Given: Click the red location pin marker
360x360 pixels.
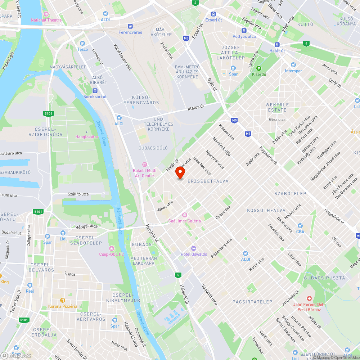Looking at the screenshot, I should [x=180, y=173].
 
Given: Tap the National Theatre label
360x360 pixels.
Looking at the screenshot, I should [x=46, y=20].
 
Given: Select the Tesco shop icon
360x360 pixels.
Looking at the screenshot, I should [x=82, y=43].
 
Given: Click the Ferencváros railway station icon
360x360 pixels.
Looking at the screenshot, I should [x=130, y=26].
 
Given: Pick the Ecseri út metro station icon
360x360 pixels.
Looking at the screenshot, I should [x=213, y=14].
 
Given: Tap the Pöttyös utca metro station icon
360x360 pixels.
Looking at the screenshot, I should [x=244, y=31].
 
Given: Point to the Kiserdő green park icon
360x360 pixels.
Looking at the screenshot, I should [x=258, y=68].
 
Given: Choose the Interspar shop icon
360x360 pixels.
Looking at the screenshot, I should [x=293, y=65].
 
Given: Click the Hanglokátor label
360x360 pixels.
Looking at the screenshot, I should [x=86, y=137].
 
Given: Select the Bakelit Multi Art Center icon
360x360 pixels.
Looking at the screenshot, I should [x=145, y=165].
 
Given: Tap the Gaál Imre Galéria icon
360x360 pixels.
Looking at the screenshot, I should [x=184, y=215].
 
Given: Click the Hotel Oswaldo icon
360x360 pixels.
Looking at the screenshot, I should [x=194, y=248].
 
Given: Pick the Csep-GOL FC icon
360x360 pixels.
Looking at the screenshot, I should [x=112, y=248].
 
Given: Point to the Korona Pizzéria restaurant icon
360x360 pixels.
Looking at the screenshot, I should [x=63, y=300].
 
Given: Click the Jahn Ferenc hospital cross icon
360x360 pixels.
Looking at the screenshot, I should [x=309, y=298].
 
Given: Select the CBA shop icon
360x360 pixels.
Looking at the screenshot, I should [x=300, y=226].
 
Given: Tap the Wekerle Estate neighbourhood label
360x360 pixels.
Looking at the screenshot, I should [x=277, y=107].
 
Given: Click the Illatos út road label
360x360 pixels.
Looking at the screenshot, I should [x=196, y=107].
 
